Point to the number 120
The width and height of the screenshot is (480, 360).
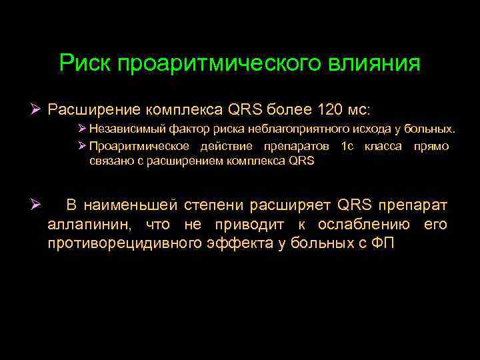click(x=332, y=109)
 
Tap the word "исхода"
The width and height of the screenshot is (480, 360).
click(x=359, y=129)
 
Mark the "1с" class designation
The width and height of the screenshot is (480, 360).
click(x=347, y=146)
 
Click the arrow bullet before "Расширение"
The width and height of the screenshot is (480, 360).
click(x=37, y=109)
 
